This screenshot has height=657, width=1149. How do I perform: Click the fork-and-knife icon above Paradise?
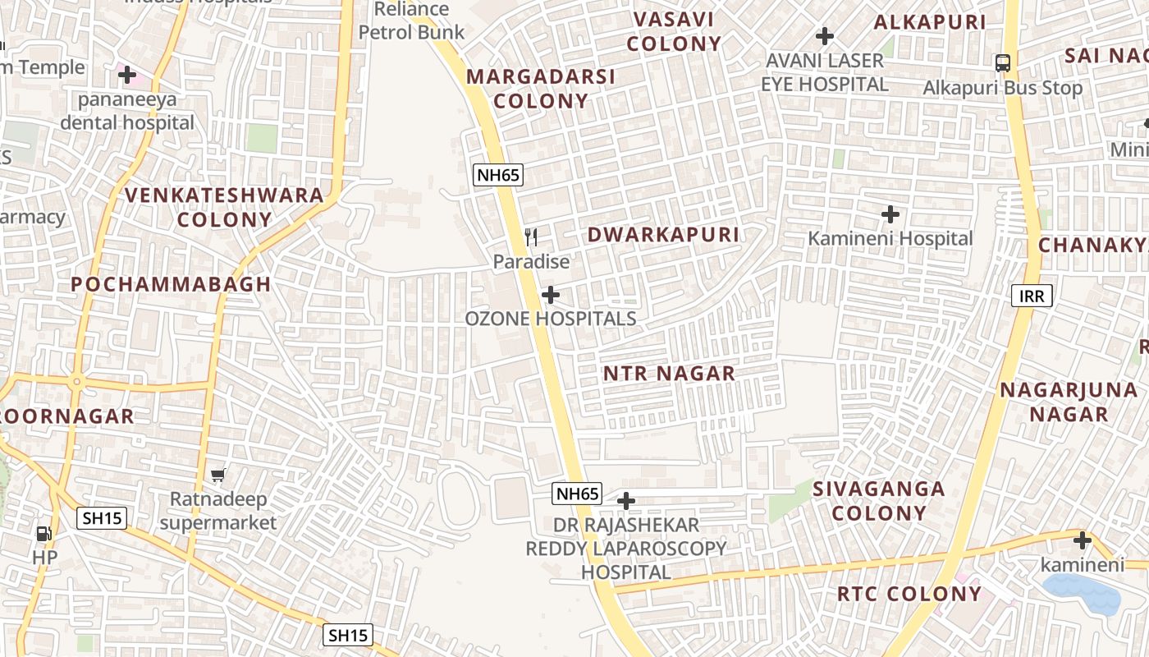[x=531, y=238]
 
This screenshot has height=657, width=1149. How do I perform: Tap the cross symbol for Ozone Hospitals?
[x=551, y=295]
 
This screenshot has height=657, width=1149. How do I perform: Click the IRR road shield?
[x=1032, y=296]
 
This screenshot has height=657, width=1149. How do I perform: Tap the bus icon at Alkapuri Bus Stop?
[x=1002, y=63]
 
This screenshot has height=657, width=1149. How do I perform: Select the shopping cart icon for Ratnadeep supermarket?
[x=218, y=475]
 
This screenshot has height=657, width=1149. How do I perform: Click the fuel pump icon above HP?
[x=43, y=534]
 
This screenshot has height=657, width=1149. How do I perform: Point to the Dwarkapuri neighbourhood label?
[x=663, y=235]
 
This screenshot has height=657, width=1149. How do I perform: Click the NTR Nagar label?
[x=669, y=374]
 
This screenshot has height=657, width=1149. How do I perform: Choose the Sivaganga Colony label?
[x=878, y=501]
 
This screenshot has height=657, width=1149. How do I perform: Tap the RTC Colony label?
[x=909, y=594]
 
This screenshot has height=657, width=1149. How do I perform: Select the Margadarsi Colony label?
[x=541, y=89]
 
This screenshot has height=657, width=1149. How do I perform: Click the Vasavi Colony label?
[x=674, y=31]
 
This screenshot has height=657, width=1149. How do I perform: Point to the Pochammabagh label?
[x=171, y=285]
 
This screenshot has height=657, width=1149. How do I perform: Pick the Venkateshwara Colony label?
[x=224, y=207]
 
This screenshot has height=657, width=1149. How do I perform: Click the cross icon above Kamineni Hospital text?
[x=890, y=215]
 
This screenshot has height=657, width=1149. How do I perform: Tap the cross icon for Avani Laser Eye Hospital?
[x=825, y=36]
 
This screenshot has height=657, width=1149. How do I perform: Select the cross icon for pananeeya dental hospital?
[x=127, y=76]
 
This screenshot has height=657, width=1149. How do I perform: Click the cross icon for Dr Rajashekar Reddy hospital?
[x=626, y=500]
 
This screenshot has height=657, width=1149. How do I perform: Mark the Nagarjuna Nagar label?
[x=1069, y=402]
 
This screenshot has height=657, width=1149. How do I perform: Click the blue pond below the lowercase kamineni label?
[x=1082, y=594]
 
